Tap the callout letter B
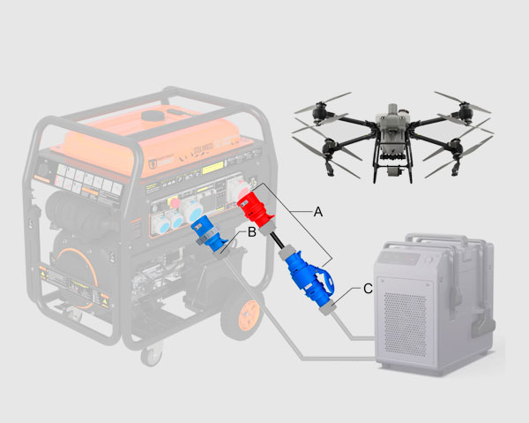[251, 232]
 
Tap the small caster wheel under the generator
[153, 355]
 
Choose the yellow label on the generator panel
[215, 168]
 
